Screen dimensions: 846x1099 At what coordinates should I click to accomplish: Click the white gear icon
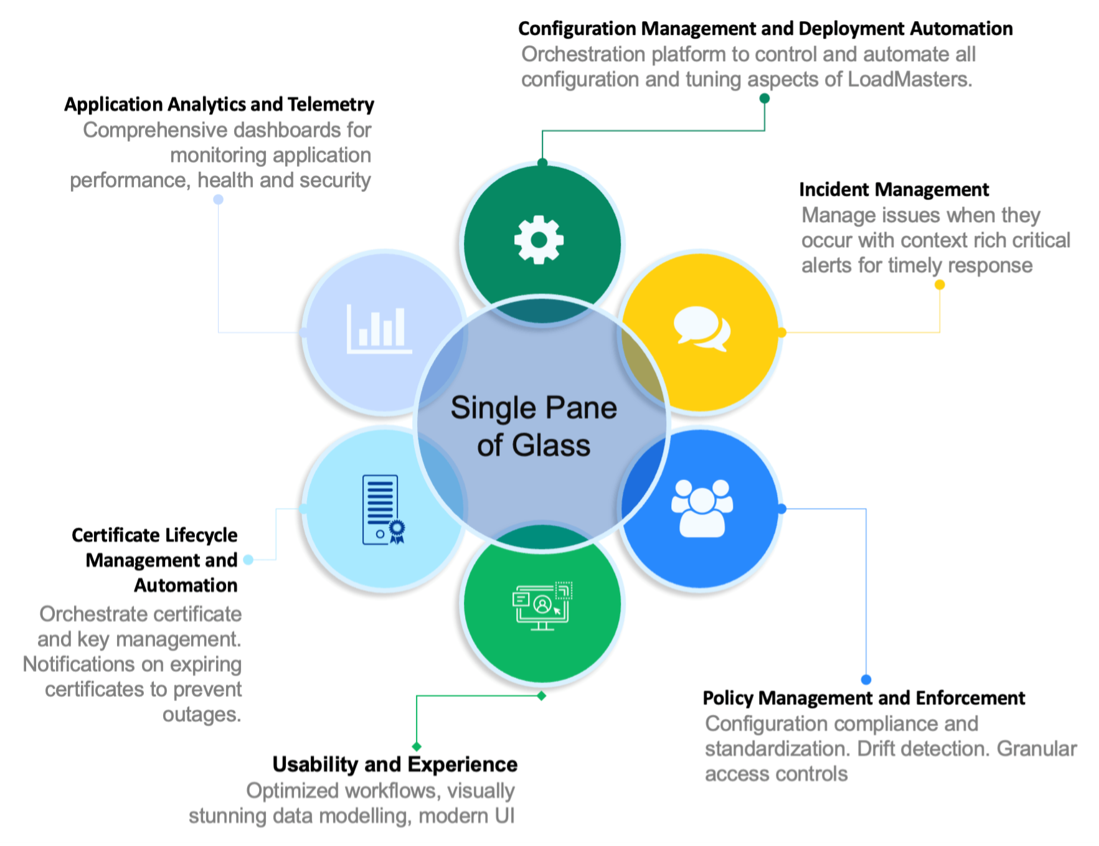539,240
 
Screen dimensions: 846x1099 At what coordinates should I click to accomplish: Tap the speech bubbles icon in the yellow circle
702,328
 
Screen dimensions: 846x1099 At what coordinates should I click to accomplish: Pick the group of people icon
702,508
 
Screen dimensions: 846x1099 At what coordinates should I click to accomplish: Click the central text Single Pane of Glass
534,426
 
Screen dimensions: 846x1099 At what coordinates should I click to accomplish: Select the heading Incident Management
894,189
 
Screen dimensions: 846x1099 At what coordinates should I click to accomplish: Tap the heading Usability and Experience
395,764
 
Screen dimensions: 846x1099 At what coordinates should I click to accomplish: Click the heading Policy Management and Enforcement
863,698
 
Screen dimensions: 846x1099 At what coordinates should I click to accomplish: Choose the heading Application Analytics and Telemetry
219,104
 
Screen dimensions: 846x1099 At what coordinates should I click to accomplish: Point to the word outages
201,715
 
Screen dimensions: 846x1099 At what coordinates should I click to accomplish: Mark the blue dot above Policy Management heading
866,679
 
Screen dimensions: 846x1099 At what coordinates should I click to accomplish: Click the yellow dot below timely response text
940,284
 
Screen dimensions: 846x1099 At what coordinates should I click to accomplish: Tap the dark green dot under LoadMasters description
765,98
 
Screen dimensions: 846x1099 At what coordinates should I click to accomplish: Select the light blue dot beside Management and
248,560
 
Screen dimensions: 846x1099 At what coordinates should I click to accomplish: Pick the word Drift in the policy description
877,749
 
